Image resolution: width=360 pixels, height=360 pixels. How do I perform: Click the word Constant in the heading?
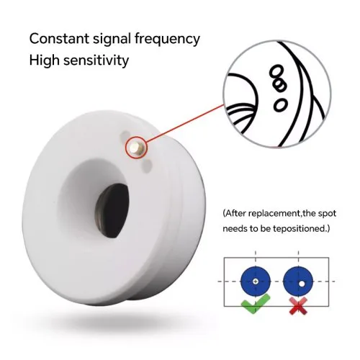click(x=59, y=39)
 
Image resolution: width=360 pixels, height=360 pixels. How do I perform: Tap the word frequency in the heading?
click(x=167, y=39)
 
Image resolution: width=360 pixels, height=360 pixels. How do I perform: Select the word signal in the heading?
click(x=112, y=39)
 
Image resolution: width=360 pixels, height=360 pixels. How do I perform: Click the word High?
click(x=44, y=60)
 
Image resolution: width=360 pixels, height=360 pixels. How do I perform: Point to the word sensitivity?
click(x=96, y=60)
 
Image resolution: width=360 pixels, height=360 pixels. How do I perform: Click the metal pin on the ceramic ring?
click(x=135, y=148)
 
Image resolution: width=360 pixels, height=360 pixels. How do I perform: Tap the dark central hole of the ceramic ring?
click(x=112, y=210)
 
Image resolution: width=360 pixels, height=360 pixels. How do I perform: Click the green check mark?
click(x=256, y=304)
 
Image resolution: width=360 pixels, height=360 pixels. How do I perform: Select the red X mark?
click(x=298, y=305)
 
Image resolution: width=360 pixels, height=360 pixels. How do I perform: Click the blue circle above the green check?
click(x=256, y=281)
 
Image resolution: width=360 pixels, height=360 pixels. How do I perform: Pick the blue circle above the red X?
click(x=298, y=281)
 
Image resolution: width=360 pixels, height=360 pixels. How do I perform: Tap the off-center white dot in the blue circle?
click(x=302, y=284)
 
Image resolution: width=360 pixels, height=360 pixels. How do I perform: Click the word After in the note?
click(x=235, y=213)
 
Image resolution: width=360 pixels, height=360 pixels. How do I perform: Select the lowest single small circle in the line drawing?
click(x=280, y=104)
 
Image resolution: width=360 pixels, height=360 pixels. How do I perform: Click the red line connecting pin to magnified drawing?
click(x=184, y=124)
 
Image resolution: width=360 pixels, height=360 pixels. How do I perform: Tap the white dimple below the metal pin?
click(x=146, y=165)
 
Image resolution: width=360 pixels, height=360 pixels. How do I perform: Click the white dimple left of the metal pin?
click(x=125, y=135)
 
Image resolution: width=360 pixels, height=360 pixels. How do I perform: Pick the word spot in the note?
click(x=327, y=214)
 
